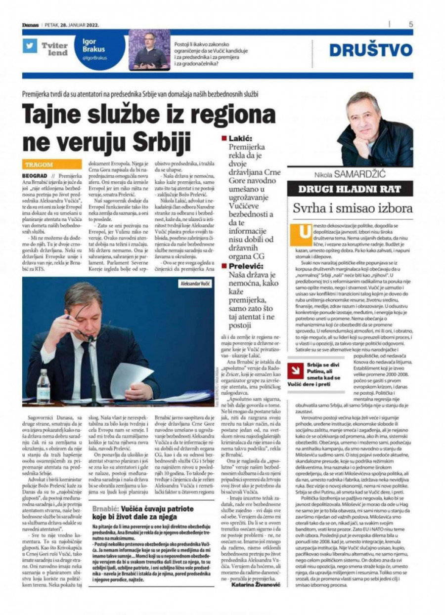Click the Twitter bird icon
(x=30, y=45)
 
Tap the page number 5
(x=410, y=24)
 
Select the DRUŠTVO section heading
(x=370, y=50)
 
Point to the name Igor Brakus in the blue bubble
(x=93, y=45)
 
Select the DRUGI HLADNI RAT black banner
(x=350, y=189)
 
